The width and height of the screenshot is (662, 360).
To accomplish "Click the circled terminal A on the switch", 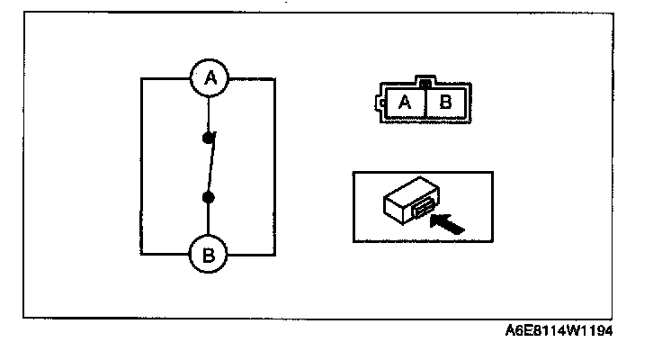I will click(210, 79).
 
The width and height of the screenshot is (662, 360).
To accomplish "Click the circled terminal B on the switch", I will click(209, 256).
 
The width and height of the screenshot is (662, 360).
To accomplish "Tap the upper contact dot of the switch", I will click(209, 139).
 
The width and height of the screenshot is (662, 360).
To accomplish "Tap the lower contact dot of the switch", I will click(208, 197).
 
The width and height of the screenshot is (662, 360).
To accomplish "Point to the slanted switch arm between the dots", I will click(209, 168).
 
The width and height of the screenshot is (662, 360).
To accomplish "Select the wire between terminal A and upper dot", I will click(209, 115).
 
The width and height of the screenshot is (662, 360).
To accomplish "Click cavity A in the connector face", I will click(405, 102).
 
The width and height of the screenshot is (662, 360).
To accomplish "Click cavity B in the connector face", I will click(445, 102).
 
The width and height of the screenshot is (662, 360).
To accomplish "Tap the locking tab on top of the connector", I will click(425, 84).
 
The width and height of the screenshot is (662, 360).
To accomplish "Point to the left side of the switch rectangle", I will click(141, 167).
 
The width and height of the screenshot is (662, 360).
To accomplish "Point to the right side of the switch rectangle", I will click(275, 167).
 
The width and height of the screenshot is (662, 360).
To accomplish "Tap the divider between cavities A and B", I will click(425, 103).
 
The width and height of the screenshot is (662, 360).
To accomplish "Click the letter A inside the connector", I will click(405, 102).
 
